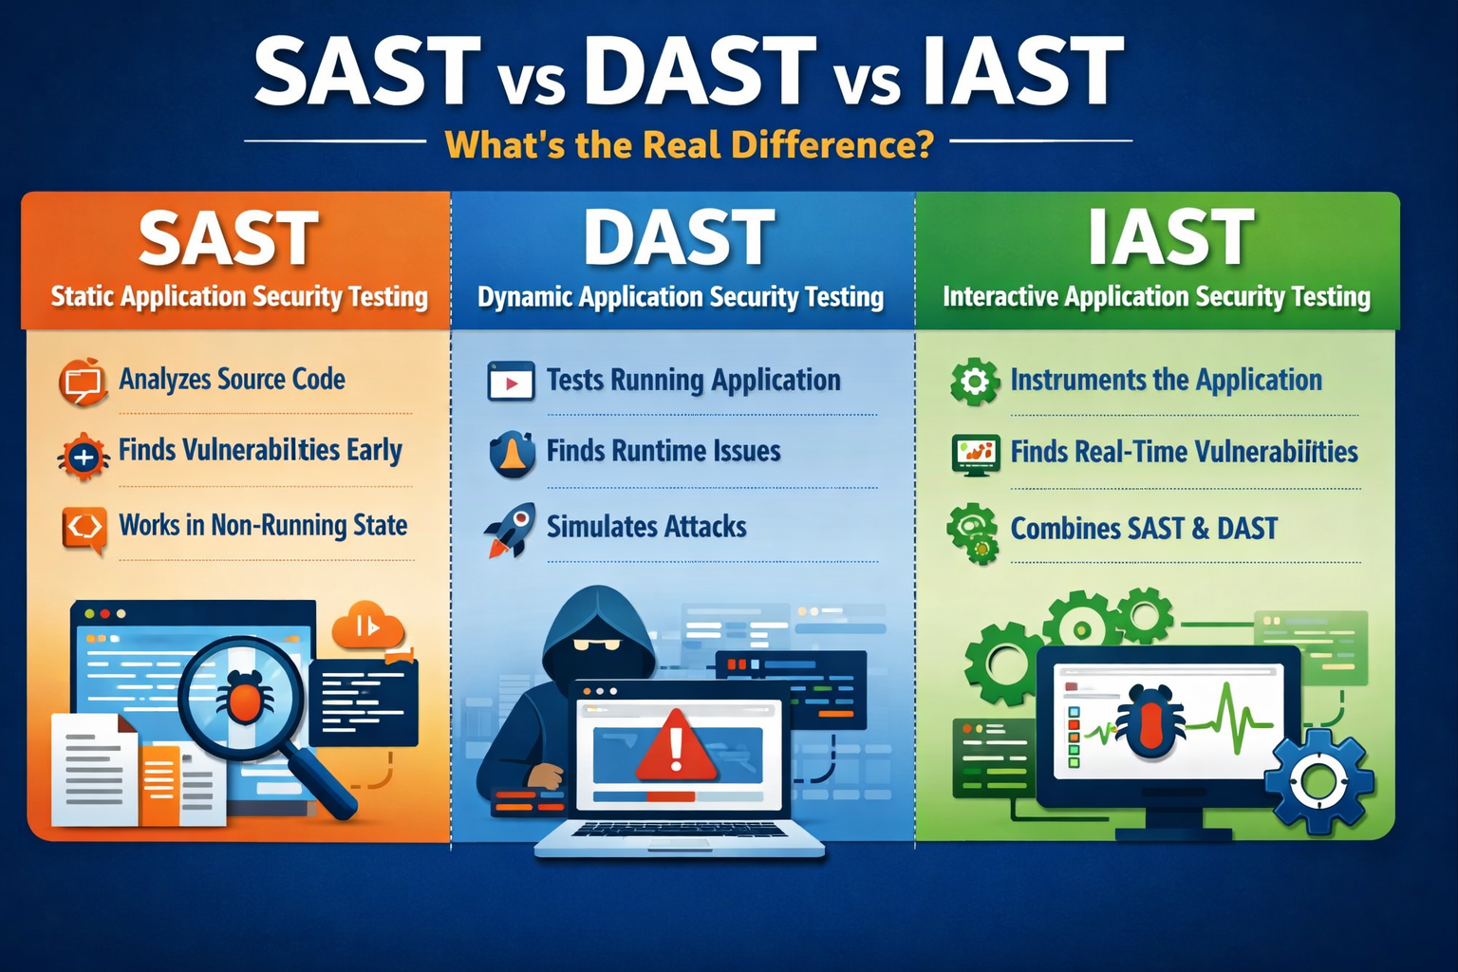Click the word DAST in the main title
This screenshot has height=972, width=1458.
[x=700, y=72]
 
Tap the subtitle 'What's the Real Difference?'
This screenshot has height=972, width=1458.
[x=689, y=145]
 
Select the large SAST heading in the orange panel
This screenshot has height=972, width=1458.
[x=229, y=239]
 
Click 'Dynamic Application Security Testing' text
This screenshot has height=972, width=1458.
[x=680, y=297]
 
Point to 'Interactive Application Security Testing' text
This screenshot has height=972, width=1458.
[x=1156, y=297]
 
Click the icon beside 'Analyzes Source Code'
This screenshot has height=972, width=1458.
[x=83, y=382]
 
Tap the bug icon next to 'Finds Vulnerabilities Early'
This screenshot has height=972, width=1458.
[x=84, y=457]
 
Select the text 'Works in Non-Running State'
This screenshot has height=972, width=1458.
[x=263, y=525]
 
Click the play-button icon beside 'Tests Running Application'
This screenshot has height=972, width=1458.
[x=511, y=382]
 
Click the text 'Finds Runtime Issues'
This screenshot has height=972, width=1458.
[x=663, y=451]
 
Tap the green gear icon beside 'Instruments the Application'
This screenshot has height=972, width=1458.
[x=974, y=382]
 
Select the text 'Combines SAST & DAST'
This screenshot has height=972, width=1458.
[x=1143, y=529]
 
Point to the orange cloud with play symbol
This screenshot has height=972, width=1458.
[x=367, y=626]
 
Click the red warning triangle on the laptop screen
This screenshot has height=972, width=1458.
[x=675, y=746]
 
